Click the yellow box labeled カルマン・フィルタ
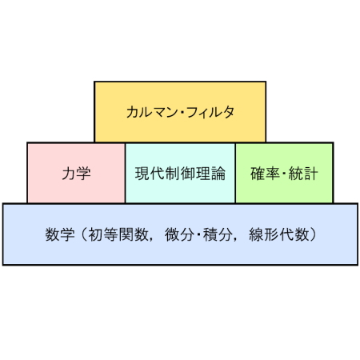(x=180, y=112)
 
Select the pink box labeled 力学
(x=76, y=173)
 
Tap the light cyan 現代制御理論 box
(x=180, y=173)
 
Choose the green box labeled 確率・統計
(x=284, y=173)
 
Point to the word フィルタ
(x=210, y=112)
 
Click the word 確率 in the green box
(x=265, y=174)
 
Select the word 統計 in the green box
(x=303, y=174)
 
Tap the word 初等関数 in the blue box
(x=118, y=234)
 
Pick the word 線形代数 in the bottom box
(x=279, y=234)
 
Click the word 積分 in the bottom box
(x=218, y=234)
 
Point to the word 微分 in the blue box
(x=179, y=234)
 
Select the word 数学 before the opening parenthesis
(x=60, y=234)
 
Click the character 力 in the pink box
(x=69, y=174)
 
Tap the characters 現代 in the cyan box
(x=150, y=174)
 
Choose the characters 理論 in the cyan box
(x=210, y=174)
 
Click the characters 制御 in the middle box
(x=180, y=174)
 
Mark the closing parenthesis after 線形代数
(x=313, y=234)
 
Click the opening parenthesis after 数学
(x=84, y=234)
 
